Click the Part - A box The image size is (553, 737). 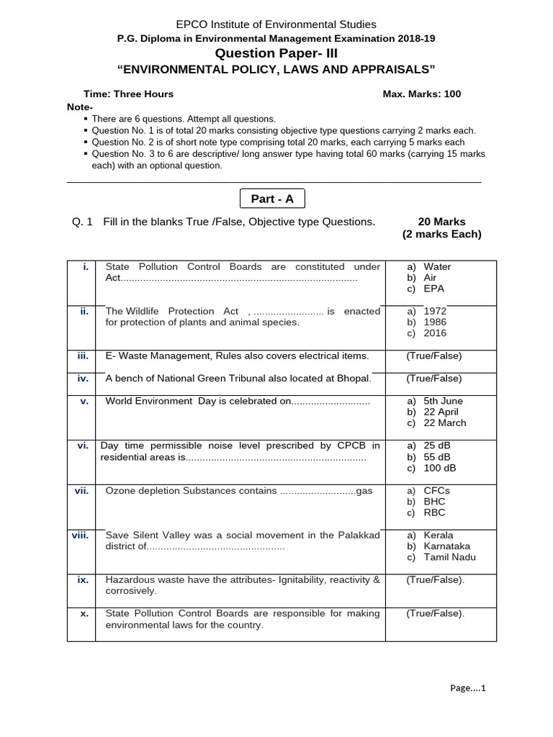pos(272,199)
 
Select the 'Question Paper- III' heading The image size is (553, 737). pos(276,53)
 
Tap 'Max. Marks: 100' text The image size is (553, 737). pos(422,94)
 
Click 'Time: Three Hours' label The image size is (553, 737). pos(129,94)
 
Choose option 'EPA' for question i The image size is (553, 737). pos(433,289)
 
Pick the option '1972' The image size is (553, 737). pos(435,311)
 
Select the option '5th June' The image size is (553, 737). pos(443,401)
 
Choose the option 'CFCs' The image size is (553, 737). pos(436,490)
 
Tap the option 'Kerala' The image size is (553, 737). pos(439,535)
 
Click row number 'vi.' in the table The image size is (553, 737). pos(82,446)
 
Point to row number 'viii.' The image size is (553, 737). pos(79,535)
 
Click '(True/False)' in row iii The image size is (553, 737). pos(433,356)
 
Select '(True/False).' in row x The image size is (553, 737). pos(435,614)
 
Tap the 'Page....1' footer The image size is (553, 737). pos(468,688)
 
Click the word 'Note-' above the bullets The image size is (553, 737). pos(79,107)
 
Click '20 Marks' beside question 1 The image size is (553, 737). pos(441,222)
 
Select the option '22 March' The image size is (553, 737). pos(444,423)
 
